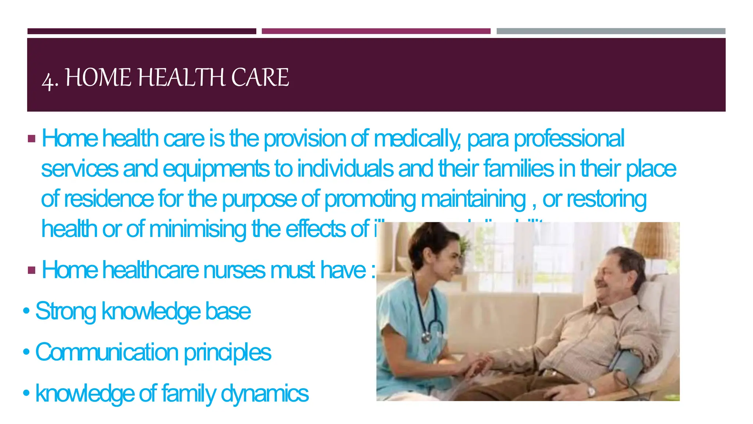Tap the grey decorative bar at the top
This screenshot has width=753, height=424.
pos(611,31)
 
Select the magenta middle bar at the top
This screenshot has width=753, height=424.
pos(376,31)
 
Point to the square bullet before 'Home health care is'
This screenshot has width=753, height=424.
pos(32,139)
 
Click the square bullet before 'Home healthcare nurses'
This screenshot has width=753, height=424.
pos(32,271)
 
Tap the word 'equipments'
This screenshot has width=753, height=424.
pos(216,169)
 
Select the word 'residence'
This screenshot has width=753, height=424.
pos(109,199)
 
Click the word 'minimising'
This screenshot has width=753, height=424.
pos(198,229)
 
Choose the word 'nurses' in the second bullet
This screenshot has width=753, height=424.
pos(234,270)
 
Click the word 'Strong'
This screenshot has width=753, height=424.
pos(65,311)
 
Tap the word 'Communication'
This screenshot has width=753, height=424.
pos(107,352)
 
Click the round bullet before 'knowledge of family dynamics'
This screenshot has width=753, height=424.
pos(26,393)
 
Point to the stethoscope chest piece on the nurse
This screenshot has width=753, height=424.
pos(427,337)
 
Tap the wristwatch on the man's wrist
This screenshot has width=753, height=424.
pos(591,392)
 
